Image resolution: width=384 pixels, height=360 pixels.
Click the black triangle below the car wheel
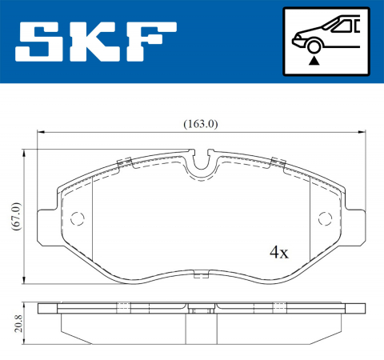[314, 59]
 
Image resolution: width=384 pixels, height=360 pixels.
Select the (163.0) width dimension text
[201, 124]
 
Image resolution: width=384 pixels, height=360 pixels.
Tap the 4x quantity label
[278, 253]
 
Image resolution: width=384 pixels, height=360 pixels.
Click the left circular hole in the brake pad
[78, 218]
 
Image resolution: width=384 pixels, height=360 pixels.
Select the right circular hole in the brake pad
[325, 218]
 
